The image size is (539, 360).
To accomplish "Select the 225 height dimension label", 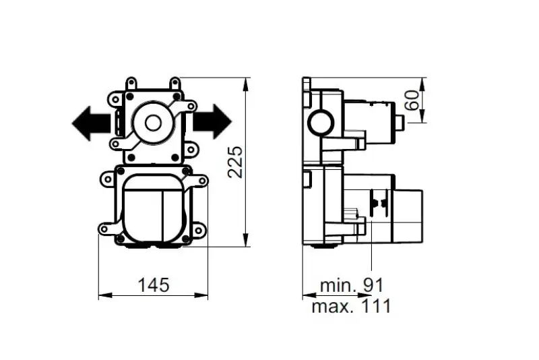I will point(235,161).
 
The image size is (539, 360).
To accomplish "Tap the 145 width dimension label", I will point(154,284).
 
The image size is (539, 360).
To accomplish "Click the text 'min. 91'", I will point(351,284).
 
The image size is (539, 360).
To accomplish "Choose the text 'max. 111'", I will point(351,307).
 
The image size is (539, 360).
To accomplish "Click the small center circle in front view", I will point(153,123).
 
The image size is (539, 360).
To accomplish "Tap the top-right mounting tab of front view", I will point(176,84).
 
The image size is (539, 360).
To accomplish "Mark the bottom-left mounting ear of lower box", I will point(106,229).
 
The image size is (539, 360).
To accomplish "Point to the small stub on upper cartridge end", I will point(399,123).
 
